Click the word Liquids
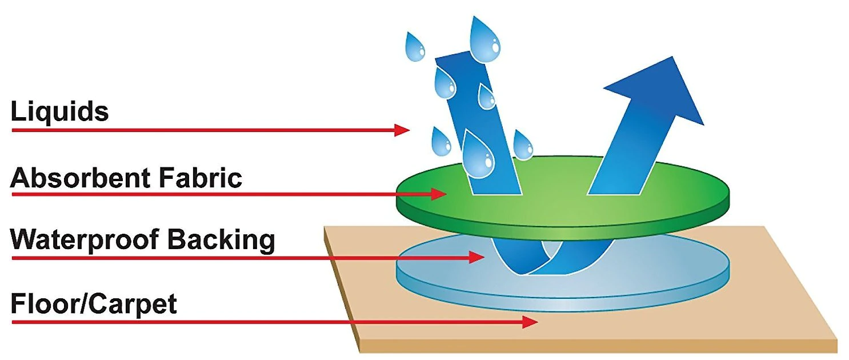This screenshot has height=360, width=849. tap(59, 112)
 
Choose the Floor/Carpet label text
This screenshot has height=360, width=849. tap(94, 305)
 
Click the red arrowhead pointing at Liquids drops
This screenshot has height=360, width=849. tap(402, 130)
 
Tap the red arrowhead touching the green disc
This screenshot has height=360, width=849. tap(438, 194)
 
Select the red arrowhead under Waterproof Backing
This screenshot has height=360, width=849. tap(476, 258)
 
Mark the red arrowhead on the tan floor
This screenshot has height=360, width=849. tap(530, 322)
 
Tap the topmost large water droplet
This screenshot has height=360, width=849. tap(485, 39)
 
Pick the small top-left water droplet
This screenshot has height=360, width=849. tap(415, 47)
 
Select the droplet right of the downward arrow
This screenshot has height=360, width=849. tap(522, 145)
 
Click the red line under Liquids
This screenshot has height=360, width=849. tap(200, 130)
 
